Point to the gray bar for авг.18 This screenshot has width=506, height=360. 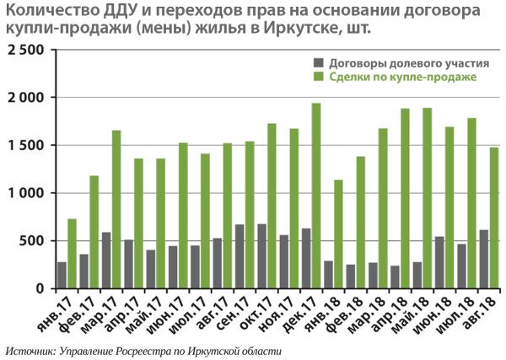tap(483, 259)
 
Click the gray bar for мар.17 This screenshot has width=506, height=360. tap(106, 261)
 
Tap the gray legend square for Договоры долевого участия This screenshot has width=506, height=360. tap(318, 63)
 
